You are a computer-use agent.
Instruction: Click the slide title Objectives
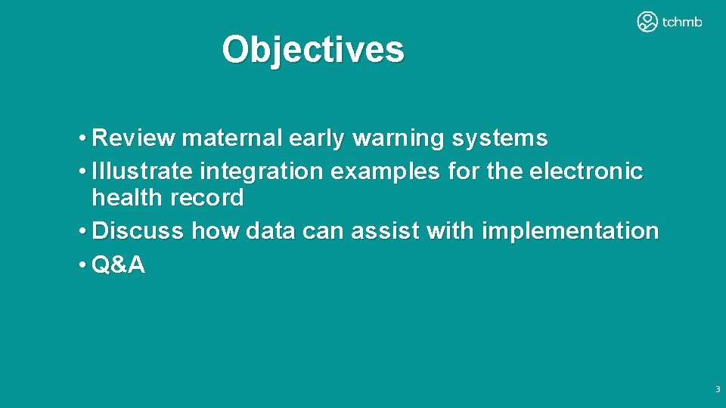[313, 50]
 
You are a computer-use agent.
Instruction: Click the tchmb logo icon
[647, 22]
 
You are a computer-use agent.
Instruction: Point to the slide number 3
[717, 390]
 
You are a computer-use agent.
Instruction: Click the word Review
[133, 139]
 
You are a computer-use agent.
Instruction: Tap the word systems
[500, 139]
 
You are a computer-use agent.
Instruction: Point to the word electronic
[586, 172]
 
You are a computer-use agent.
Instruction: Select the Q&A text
[118, 264]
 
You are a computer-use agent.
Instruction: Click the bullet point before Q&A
[81, 265]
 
